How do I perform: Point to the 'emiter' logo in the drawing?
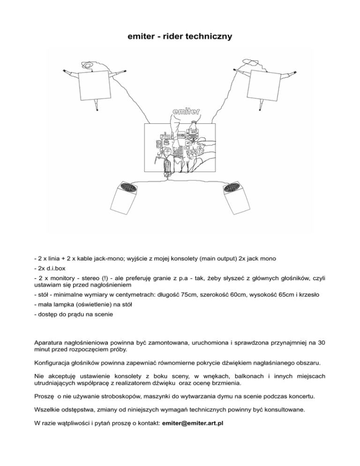[x=187, y=113]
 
